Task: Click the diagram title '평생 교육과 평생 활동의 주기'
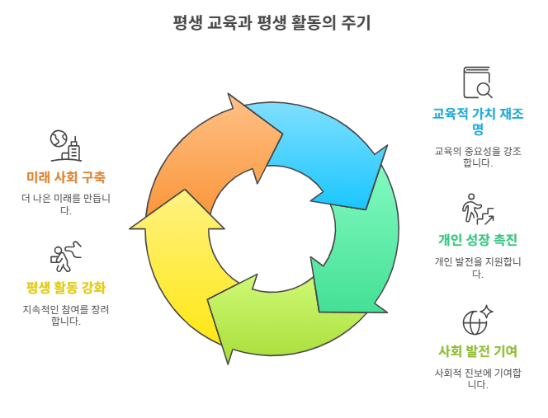(x=272, y=24)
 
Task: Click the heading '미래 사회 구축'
(x=66, y=177)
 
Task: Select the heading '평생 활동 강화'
(x=66, y=288)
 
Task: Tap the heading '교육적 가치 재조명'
(x=478, y=121)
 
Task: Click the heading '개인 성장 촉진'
(x=478, y=240)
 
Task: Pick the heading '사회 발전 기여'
(x=478, y=351)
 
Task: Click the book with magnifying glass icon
(x=478, y=83)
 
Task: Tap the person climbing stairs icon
(x=478, y=209)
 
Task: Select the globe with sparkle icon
(x=478, y=320)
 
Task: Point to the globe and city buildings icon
(x=65, y=145)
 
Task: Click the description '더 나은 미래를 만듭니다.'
(x=66, y=204)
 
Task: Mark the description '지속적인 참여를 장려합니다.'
(x=66, y=315)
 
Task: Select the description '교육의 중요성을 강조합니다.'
(x=478, y=157)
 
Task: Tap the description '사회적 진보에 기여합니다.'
(x=478, y=378)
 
